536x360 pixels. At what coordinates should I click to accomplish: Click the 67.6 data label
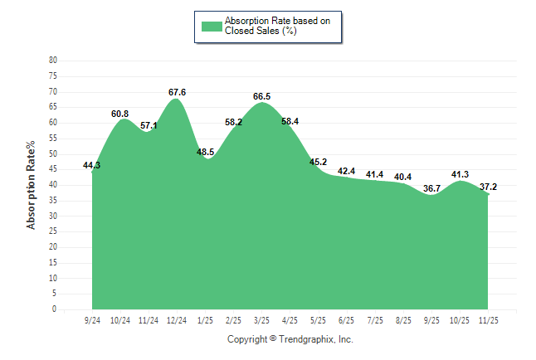176,92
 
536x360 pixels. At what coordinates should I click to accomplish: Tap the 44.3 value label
92,166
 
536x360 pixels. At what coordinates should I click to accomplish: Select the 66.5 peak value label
261,97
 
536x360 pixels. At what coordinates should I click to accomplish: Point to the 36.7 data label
431,188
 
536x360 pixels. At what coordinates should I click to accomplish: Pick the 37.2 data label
488,187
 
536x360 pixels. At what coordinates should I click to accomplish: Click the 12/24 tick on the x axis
176,319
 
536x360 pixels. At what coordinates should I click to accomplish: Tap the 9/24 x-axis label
92,319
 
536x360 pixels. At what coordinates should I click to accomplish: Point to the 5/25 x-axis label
318,319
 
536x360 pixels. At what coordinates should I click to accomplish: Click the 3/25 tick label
261,319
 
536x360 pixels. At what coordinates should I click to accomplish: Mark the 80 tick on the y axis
53,61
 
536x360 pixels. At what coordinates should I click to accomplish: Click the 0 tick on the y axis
55,309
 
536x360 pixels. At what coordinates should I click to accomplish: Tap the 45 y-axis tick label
53,169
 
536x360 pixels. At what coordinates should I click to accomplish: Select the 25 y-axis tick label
53,231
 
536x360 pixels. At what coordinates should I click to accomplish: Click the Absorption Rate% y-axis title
32,185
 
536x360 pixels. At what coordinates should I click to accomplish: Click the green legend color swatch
212,26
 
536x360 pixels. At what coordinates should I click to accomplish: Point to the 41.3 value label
459,175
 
